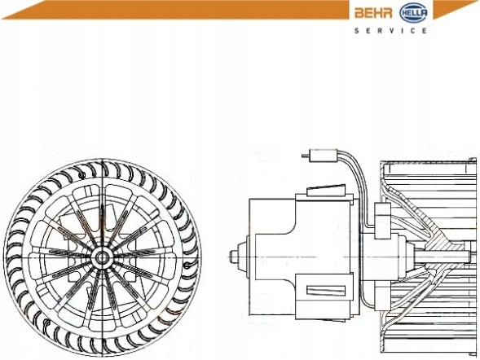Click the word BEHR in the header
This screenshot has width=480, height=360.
click(373, 13)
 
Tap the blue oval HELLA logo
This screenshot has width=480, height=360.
click(413, 13)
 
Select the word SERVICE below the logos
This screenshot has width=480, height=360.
click(390, 31)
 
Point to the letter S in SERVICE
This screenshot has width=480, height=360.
click(357, 31)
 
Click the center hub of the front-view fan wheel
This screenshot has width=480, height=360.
click(102, 257)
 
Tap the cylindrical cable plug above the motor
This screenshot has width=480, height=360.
click(324, 155)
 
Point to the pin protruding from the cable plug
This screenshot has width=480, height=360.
click(306, 156)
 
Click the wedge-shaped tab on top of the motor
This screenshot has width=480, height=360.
click(326, 190)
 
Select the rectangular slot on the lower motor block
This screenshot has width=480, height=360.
click(326, 290)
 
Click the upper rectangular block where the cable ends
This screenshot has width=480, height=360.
click(382, 221)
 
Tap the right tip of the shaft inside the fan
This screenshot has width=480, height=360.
click(469, 257)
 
